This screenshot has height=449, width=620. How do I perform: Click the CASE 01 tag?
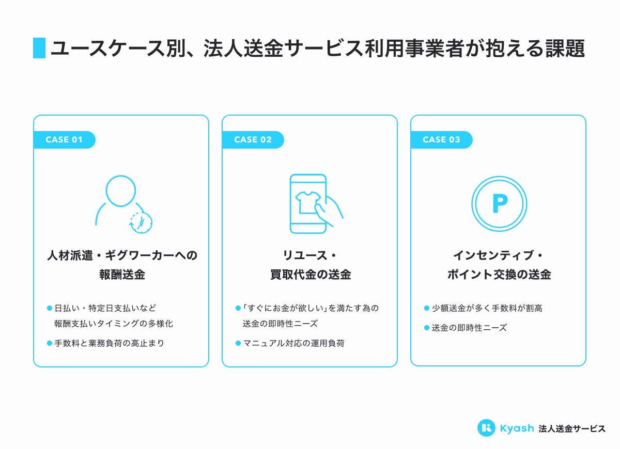(64, 140)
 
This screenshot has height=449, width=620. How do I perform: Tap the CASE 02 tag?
(253, 140)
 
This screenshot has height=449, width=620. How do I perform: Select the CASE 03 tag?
(441, 140)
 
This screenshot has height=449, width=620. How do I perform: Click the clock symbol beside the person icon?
(141, 222)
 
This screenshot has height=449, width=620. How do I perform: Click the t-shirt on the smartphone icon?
(306, 202)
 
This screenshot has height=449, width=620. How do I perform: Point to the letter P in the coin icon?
(499, 204)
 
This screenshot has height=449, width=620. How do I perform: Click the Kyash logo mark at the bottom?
(486, 428)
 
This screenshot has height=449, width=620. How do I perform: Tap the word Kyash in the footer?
(517, 428)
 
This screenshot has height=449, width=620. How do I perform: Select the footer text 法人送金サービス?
(572, 428)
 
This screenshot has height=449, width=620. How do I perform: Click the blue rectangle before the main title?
(39, 48)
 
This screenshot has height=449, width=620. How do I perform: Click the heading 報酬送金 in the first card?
(122, 275)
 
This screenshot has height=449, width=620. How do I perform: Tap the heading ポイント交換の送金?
(499, 275)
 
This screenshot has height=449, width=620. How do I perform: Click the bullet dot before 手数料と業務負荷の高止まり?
(50, 343)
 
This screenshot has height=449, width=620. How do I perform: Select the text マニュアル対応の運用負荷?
(293, 343)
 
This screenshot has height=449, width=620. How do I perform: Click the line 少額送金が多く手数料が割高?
(487, 308)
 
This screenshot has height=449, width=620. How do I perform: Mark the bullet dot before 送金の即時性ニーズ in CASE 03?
(427, 327)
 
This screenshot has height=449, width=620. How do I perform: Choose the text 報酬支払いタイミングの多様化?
(113, 324)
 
